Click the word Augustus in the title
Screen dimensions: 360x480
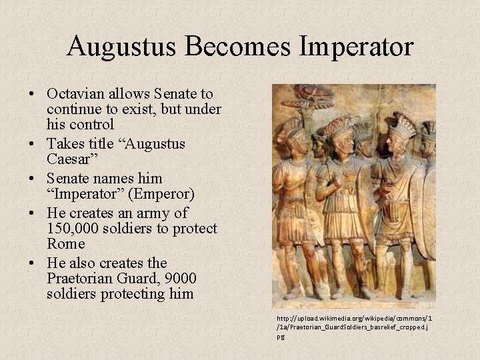click(x=119, y=46)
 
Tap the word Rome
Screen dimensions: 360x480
click(x=65, y=244)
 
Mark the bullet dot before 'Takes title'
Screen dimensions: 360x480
click(x=34, y=145)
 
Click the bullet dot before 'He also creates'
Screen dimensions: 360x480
click(x=34, y=263)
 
